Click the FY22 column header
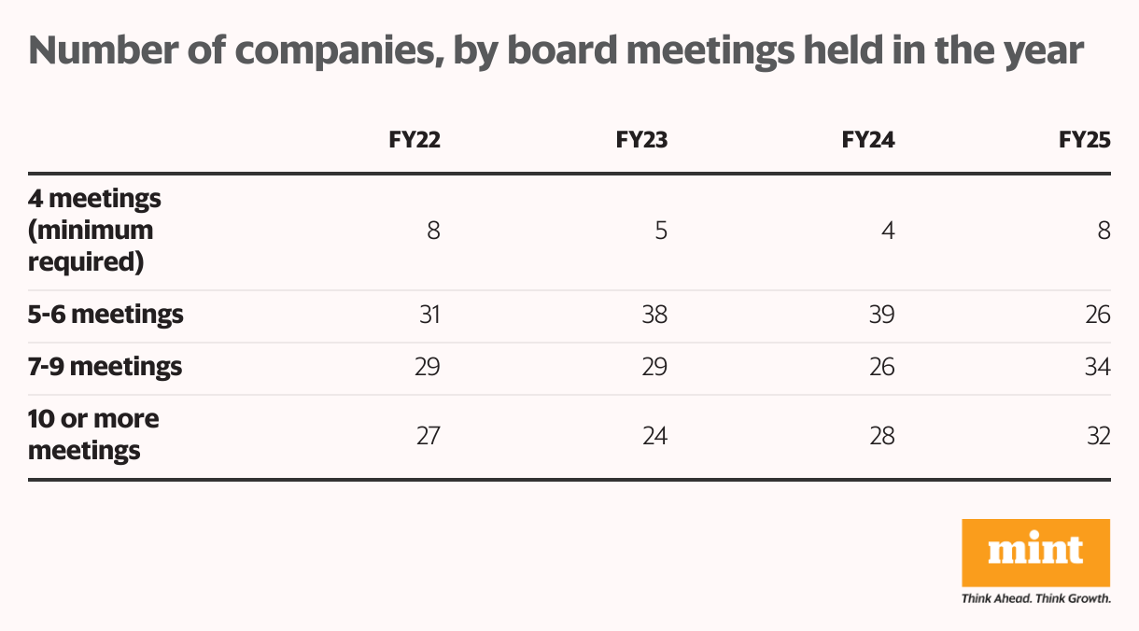click(x=415, y=140)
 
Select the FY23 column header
click(x=641, y=140)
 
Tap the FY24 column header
click(x=868, y=140)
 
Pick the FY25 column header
click(x=1085, y=140)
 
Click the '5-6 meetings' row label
click(x=105, y=315)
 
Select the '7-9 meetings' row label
click(x=105, y=367)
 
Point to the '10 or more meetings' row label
click(x=93, y=435)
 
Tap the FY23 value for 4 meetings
click(x=661, y=231)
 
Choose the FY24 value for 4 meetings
click(x=888, y=231)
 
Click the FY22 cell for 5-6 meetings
click(x=428, y=315)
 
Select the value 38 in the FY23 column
click(x=654, y=315)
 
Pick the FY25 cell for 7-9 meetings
click(x=1097, y=367)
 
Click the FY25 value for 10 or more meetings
click(x=1097, y=435)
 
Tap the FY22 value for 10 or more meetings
click(x=428, y=435)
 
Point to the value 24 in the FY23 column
click(x=654, y=435)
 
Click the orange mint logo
click(x=1035, y=553)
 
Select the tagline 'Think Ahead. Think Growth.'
click(x=1035, y=597)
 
